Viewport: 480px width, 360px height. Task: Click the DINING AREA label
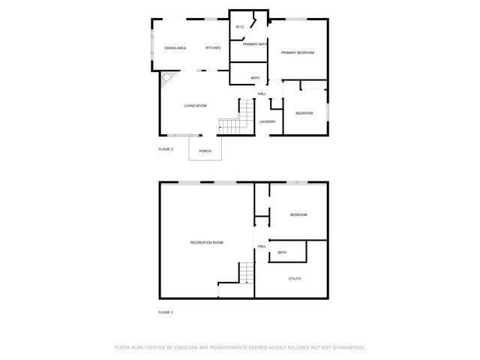point(175,48)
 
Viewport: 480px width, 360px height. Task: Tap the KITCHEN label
point(213,48)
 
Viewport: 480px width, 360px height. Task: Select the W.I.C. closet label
point(240,27)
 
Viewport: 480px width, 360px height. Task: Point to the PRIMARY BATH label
point(255,44)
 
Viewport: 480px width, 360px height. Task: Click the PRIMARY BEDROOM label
point(297,52)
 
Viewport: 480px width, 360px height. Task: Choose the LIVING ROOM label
point(196,106)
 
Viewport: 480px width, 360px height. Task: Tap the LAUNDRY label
point(268,121)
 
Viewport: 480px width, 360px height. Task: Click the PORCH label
point(205,151)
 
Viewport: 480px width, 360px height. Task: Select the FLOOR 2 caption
point(166,149)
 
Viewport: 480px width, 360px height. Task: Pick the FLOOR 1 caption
point(166,312)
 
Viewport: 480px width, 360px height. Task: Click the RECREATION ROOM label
point(206,242)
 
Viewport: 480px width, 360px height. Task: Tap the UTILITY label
point(295,278)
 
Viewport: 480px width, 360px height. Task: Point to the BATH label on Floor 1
point(282,252)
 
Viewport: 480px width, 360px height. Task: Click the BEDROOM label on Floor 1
point(298,215)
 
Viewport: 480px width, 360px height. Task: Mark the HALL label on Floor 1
point(262,246)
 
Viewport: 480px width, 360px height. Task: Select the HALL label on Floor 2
point(262,94)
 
